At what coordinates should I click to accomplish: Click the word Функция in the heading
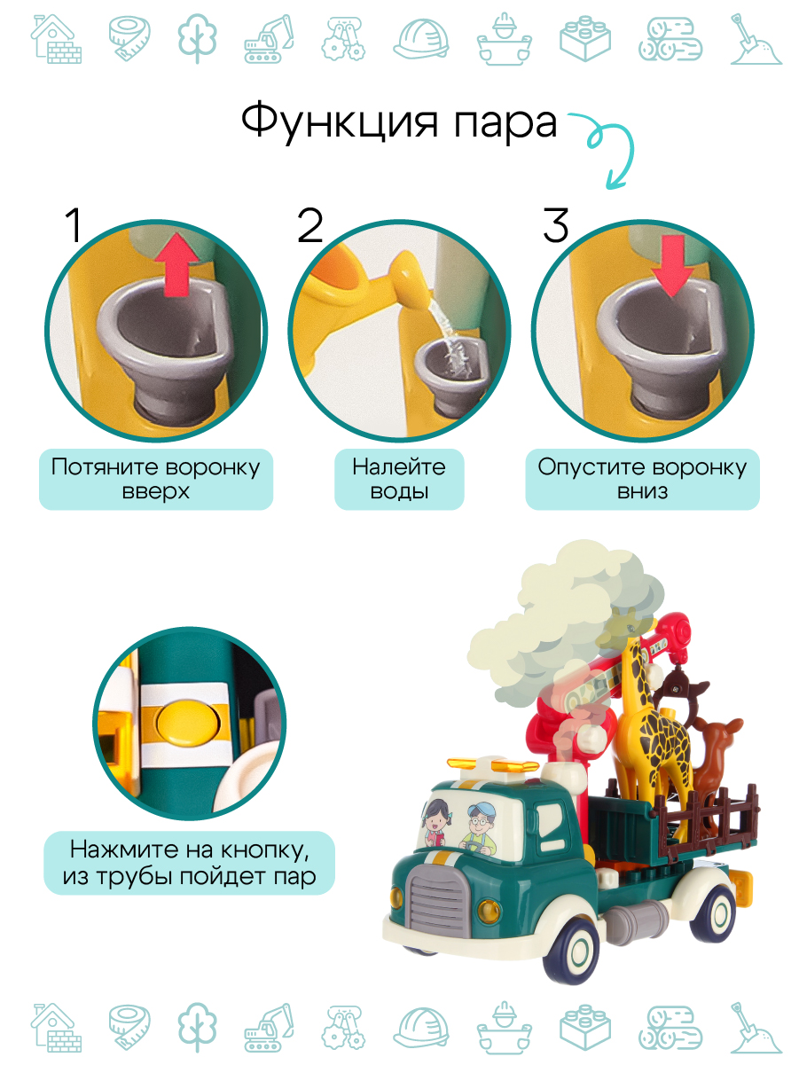click(x=340, y=121)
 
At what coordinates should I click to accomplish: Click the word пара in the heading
click(x=505, y=125)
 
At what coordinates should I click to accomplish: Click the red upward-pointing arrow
click(x=176, y=264)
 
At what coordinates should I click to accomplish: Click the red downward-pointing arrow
click(x=672, y=266)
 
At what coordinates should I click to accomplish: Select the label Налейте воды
click(x=399, y=479)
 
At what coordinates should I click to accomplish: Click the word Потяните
click(x=102, y=467)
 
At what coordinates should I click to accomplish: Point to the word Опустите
click(x=590, y=467)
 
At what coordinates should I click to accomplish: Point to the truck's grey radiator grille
click(x=438, y=903)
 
